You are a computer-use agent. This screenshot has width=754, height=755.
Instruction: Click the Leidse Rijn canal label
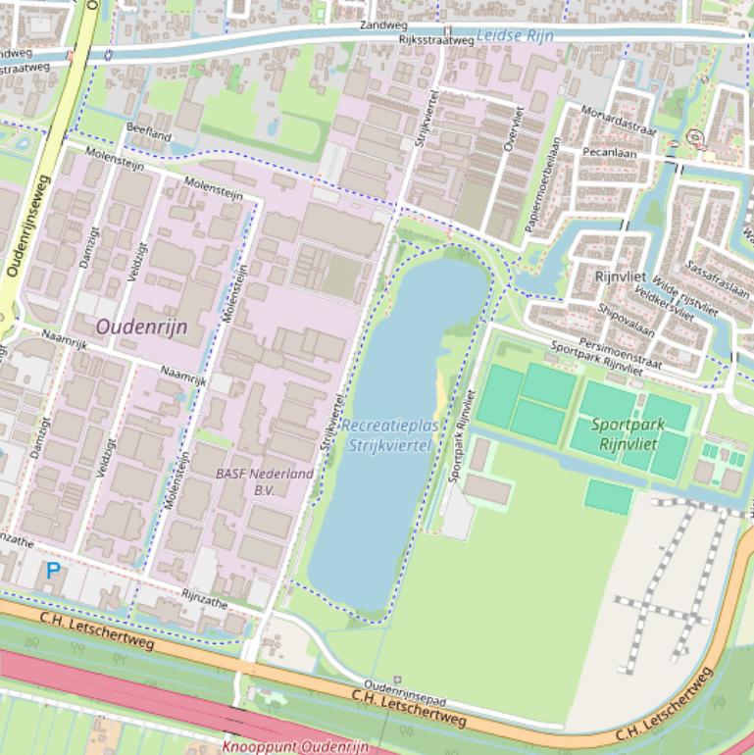click(515, 35)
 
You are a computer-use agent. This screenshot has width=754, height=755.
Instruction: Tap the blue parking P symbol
click(53, 570)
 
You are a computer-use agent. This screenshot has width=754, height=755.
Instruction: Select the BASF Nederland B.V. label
click(265, 481)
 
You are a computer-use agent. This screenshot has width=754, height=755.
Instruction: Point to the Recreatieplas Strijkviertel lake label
click(390, 435)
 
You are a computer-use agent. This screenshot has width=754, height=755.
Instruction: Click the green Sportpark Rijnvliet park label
click(628, 433)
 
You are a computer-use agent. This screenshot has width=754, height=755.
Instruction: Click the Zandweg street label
click(381, 24)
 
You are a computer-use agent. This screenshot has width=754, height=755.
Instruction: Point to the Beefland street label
click(148, 133)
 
